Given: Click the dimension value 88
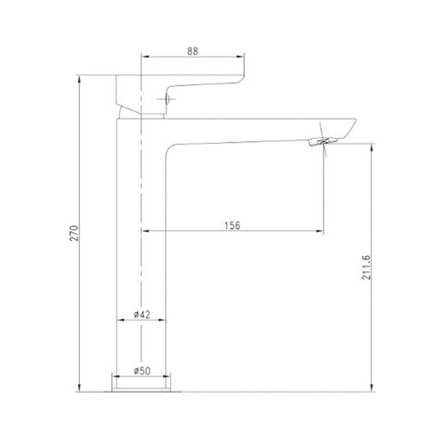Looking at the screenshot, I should [193, 51].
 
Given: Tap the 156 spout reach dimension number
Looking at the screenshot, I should [231, 225].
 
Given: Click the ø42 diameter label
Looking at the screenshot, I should [142, 314].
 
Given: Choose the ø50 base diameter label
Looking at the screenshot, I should [142, 371].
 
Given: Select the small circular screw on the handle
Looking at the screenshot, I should [169, 101].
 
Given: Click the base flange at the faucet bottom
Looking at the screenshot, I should [142, 391].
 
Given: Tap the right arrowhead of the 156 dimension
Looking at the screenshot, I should [320, 231].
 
